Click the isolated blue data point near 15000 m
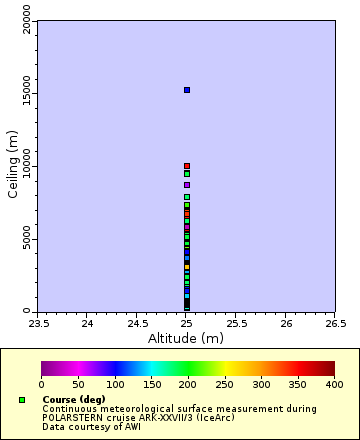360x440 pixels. pyautogui.click(x=186, y=90)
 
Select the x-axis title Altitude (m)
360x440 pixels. pyautogui.click(x=187, y=338)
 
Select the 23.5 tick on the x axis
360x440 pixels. pyautogui.click(x=38, y=324)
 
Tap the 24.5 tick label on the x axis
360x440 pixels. pyautogui.click(x=137, y=324)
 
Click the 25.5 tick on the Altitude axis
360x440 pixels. pyautogui.click(x=236, y=324)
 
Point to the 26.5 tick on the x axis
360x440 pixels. pyautogui.click(x=335, y=324)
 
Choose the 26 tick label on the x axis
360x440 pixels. pyautogui.click(x=286, y=324)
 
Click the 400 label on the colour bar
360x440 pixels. pyautogui.click(x=334, y=384)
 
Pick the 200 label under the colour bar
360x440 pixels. pyautogui.click(x=188, y=384)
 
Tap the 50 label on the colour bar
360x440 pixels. pyautogui.click(x=78, y=384)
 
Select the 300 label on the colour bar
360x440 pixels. pyautogui.click(x=261, y=384)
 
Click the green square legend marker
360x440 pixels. pyautogui.click(x=22, y=400)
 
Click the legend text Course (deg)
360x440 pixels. pyautogui.click(x=73, y=399)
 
